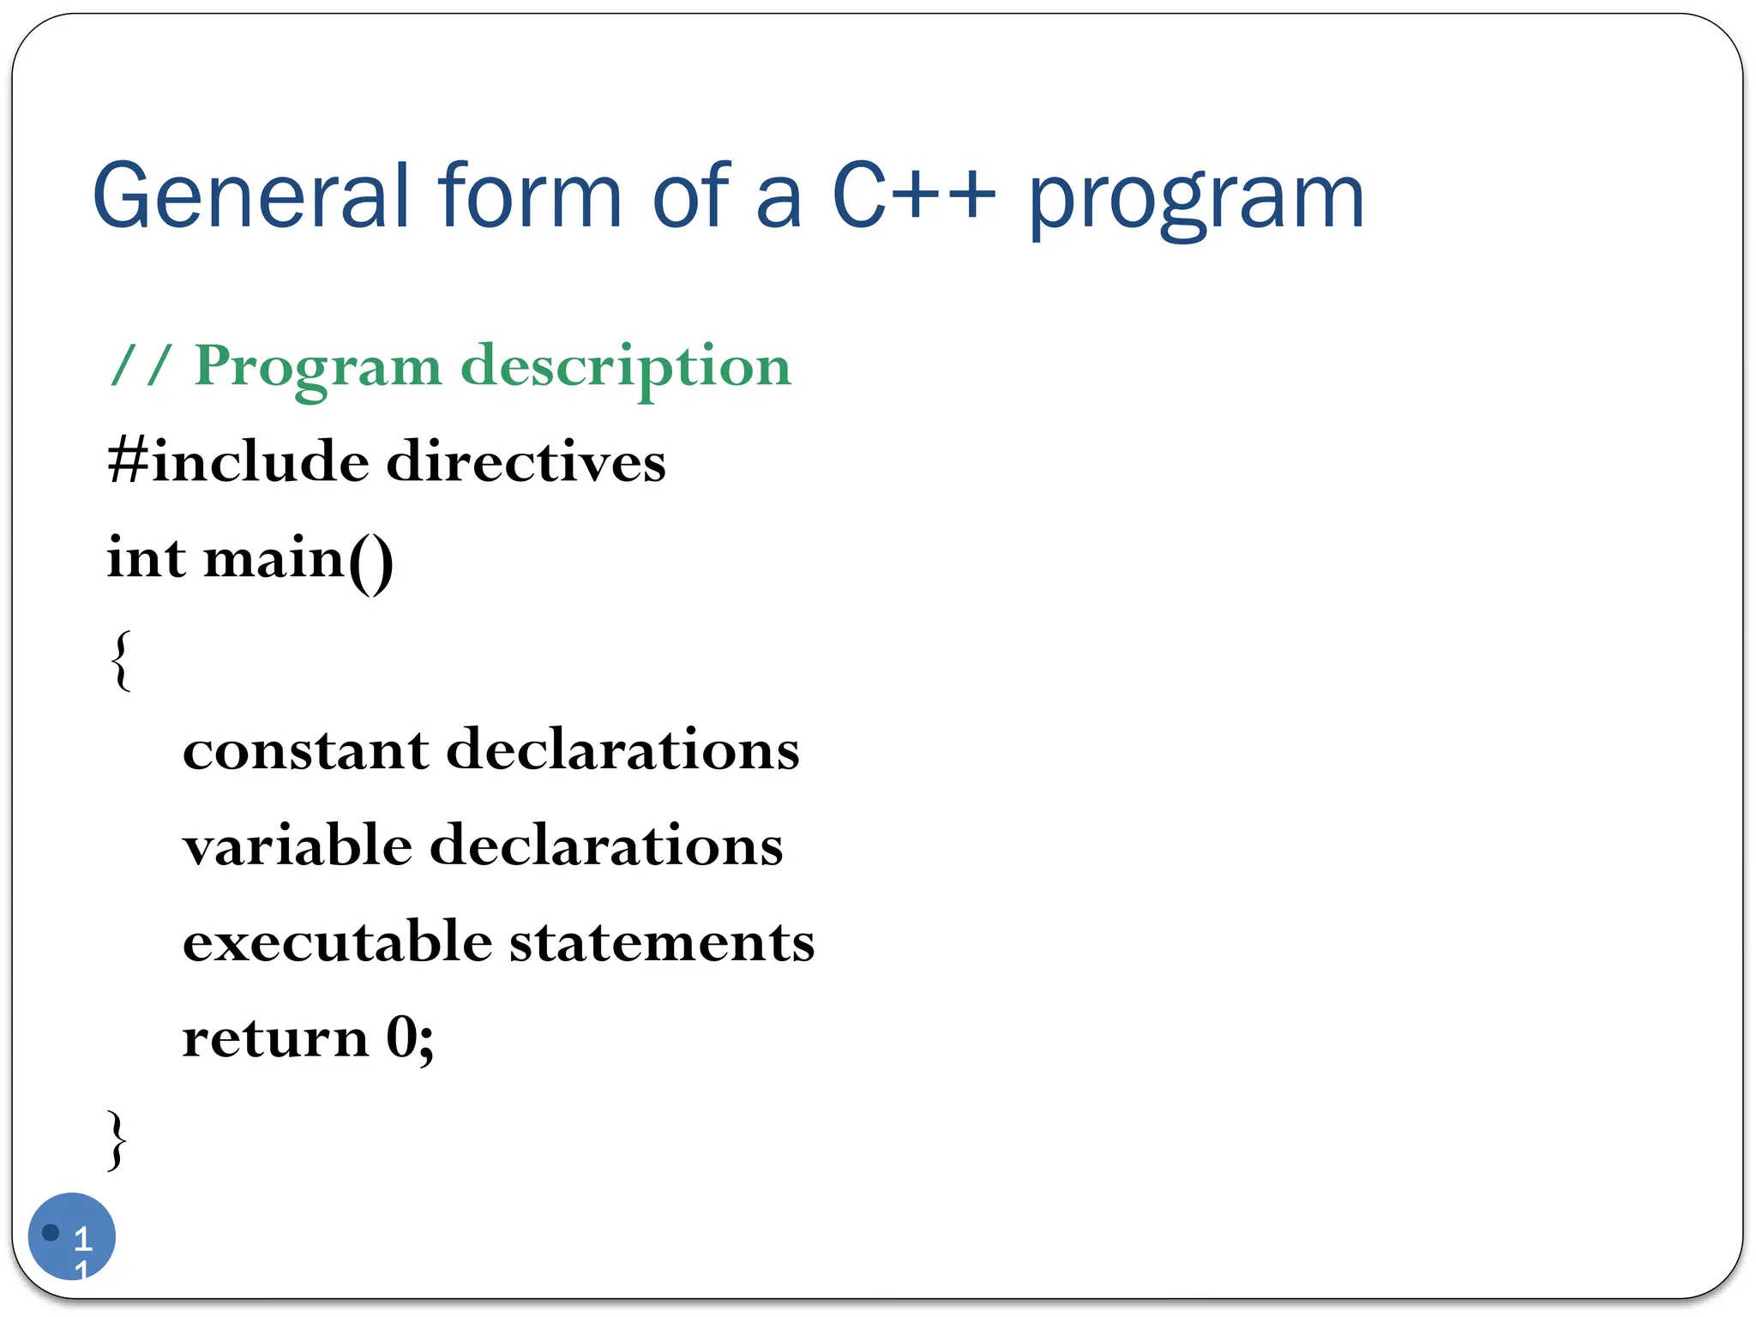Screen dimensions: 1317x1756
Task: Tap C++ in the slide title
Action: (914, 197)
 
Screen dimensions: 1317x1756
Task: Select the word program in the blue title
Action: (1196, 201)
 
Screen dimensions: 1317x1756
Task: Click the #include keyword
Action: (238, 462)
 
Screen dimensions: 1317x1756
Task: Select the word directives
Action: (526, 462)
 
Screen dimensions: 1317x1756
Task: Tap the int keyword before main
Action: (146, 558)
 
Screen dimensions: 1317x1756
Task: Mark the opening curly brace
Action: (122, 659)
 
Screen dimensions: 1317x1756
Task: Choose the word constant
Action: (305, 750)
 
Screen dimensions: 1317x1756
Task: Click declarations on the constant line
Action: (623, 750)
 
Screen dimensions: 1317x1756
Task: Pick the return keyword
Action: (275, 1038)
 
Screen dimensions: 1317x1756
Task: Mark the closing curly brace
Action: (117, 1140)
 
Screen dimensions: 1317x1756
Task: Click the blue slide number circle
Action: (72, 1236)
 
